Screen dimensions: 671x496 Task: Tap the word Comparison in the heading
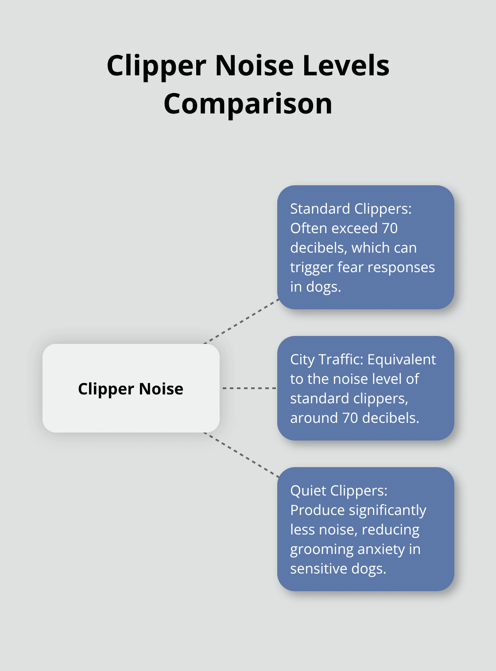point(248,104)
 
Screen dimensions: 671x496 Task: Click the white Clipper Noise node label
point(131,389)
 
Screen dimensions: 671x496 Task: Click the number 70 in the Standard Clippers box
point(389,228)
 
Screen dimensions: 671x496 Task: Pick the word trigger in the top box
point(312,267)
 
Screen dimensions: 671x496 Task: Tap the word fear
point(350,267)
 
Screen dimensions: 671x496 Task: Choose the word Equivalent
point(402,359)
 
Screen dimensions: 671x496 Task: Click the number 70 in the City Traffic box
point(350,418)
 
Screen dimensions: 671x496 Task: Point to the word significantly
point(387,510)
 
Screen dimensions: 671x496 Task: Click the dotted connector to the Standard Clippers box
point(241,321)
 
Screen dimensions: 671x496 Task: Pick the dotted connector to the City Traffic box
point(249,388)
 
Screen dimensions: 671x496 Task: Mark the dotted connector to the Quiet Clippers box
point(241,455)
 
